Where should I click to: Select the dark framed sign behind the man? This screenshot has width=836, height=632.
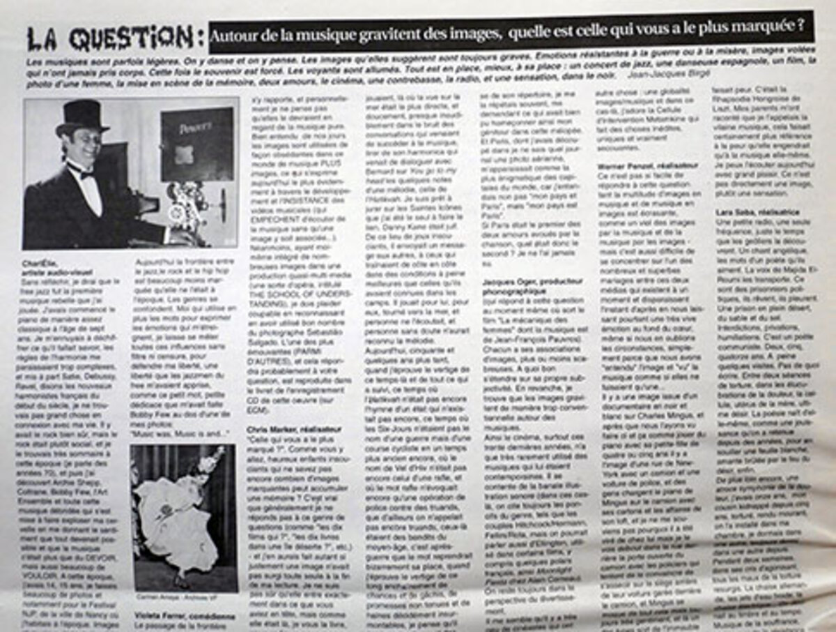click(x=196, y=144)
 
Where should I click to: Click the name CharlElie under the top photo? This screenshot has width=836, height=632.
click(x=40, y=263)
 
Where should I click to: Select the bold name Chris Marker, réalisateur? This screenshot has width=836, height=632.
click(x=291, y=429)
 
